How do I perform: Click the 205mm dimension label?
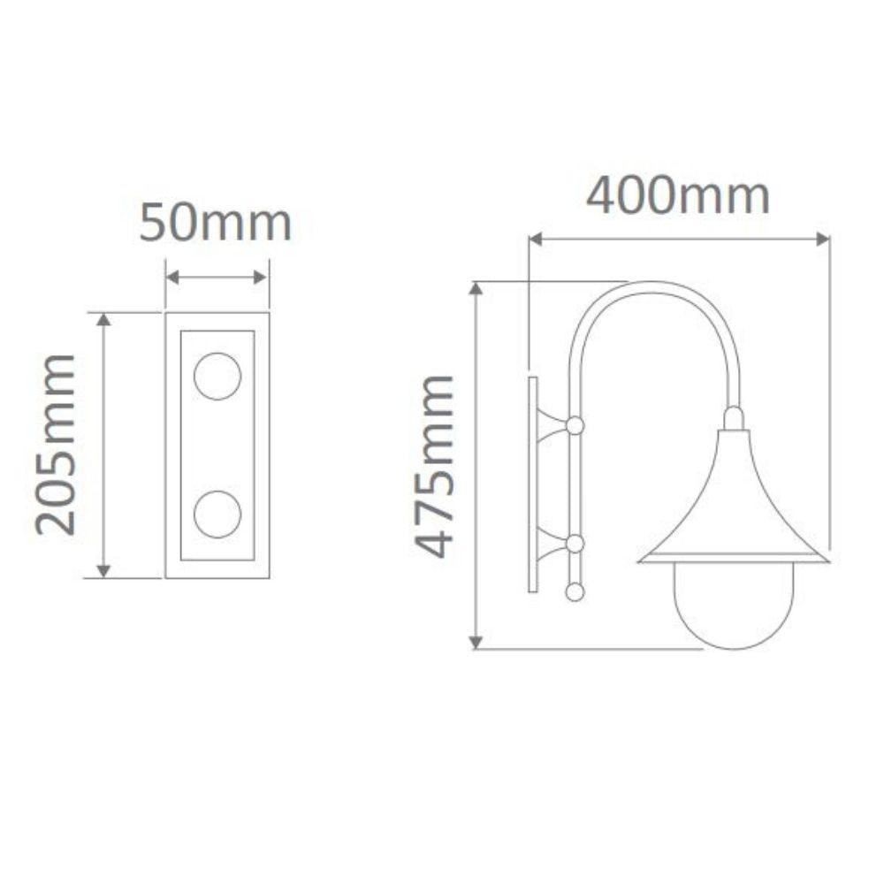pyautogui.click(x=57, y=445)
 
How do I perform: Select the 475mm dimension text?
pyautogui.click(x=436, y=466)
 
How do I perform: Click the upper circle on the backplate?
pyautogui.click(x=217, y=376)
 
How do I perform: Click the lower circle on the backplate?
pyautogui.click(x=217, y=514)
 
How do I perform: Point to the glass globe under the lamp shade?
pyautogui.click(x=733, y=606)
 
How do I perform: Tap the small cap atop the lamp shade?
pyautogui.click(x=734, y=418)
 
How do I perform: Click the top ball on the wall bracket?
pyautogui.click(x=575, y=426)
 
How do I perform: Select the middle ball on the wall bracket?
pyautogui.click(x=575, y=544)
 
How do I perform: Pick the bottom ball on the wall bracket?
pyautogui.click(x=575, y=591)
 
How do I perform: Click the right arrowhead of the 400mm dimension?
pyautogui.click(x=824, y=239)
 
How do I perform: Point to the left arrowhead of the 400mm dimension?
pyautogui.click(x=534, y=239)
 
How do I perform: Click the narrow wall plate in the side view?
pyautogui.click(x=533, y=484)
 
